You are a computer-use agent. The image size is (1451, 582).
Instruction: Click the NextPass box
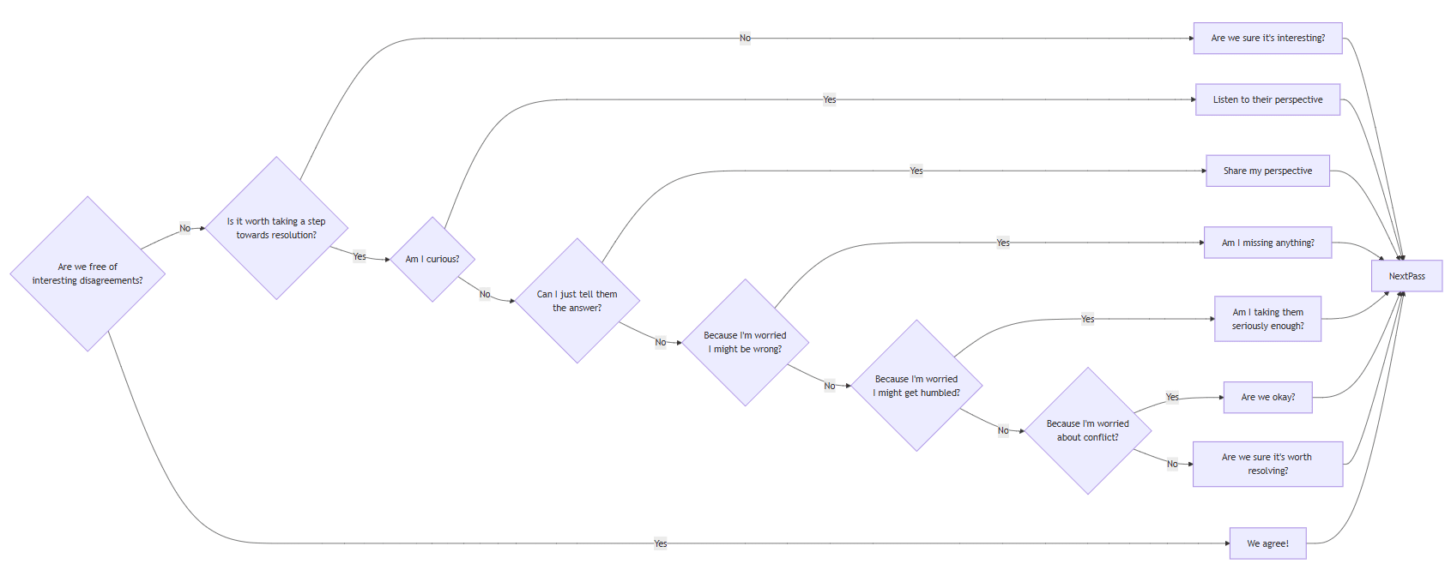tap(1406, 276)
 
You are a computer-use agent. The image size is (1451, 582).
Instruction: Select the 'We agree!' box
tap(1267, 543)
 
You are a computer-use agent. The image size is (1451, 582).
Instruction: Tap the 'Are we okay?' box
tap(1267, 397)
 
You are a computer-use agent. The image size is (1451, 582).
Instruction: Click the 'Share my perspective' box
tap(1267, 171)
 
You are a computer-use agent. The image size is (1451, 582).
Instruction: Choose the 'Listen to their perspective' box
tap(1267, 99)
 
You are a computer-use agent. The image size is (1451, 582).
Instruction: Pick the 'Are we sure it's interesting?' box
tap(1267, 38)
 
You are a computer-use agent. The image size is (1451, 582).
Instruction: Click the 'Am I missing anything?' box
tap(1267, 243)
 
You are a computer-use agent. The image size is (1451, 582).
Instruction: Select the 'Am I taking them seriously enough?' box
tap(1267, 319)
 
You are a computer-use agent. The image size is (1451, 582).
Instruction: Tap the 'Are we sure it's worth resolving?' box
tap(1267, 464)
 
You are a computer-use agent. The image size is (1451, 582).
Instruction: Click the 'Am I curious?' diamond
tap(432, 259)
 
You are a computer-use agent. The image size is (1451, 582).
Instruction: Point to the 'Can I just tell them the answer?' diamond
tap(577, 301)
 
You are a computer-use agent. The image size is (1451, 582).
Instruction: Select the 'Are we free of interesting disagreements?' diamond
tap(88, 273)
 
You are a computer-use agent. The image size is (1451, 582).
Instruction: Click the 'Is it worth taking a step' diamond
tap(276, 228)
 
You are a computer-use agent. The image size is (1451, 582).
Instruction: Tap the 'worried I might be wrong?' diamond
tap(745, 342)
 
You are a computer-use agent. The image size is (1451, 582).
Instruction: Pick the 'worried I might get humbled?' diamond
tap(916, 386)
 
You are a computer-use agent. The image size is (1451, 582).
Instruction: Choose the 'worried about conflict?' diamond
tap(1087, 430)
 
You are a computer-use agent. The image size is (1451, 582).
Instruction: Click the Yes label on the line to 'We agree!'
tap(660, 543)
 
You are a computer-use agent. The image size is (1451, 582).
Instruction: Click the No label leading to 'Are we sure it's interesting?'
tap(745, 38)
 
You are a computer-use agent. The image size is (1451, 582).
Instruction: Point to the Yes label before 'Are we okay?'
tap(1172, 397)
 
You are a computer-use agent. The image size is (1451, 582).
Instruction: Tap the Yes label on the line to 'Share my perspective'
tap(916, 171)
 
